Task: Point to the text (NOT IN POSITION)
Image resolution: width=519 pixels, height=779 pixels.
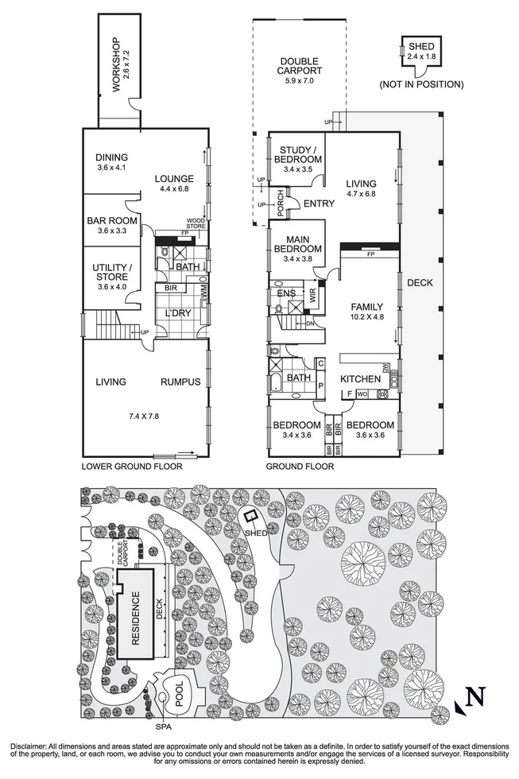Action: click(x=420, y=84)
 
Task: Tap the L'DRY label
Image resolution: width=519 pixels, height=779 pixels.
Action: click(x=175, y=314)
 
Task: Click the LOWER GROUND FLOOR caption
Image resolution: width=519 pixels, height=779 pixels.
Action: click(x=132, y=467)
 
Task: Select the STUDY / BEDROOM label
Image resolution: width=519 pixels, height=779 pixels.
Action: click(x=299, y=154)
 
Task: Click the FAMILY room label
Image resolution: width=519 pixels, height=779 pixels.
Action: click(x=368, y=307)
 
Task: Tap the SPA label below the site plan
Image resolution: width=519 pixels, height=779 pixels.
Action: click(x=163, y=727)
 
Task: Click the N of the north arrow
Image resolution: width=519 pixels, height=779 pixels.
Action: click(x=475, y=697)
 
